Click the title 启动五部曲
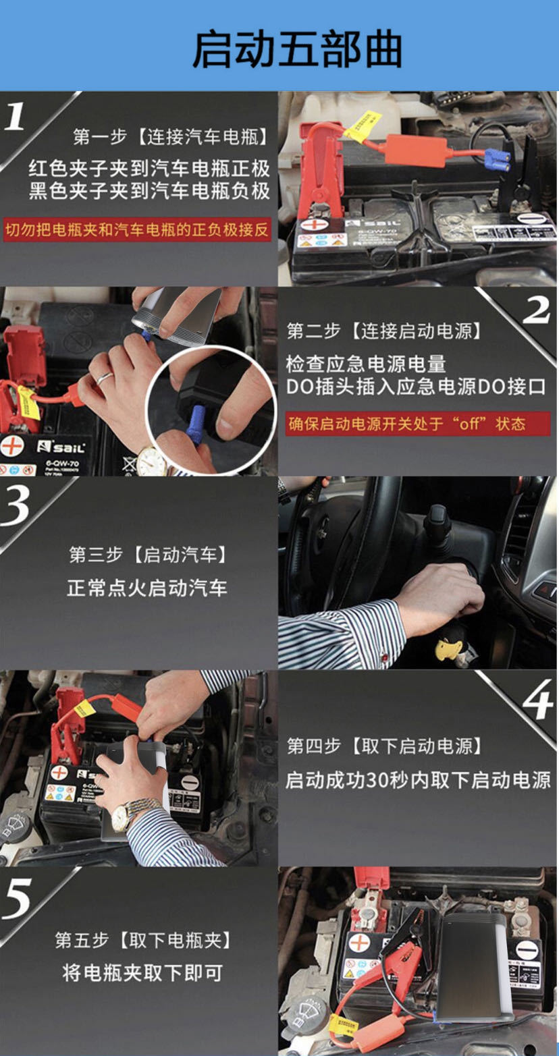click(297, 49)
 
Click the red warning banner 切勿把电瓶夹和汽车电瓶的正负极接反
click(138, 229)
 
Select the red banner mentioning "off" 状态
click(417, 424)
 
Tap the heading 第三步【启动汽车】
click(148, 555)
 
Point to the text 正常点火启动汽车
click(147, 588)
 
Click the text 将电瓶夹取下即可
click(142, 972)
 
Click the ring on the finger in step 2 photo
click(103, 378)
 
